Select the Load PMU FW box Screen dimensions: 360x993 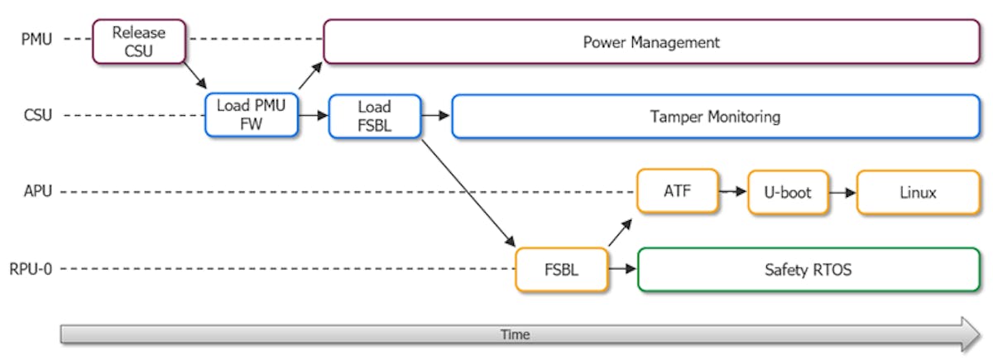coord(252,115)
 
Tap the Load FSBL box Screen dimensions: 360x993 coord(375,115)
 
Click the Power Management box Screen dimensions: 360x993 coord(651,41)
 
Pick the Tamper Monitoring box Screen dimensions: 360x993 coord(715,116)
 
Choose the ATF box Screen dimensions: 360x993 coord(678,192)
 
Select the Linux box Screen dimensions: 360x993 coord(917,192)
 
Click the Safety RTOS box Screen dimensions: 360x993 coord(808,269)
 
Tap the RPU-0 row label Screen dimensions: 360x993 coord(31,269)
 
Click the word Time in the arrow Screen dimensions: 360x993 coord(515,334)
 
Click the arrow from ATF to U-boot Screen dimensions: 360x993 coord(733,192)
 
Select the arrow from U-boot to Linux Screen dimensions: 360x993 coord(842,192)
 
